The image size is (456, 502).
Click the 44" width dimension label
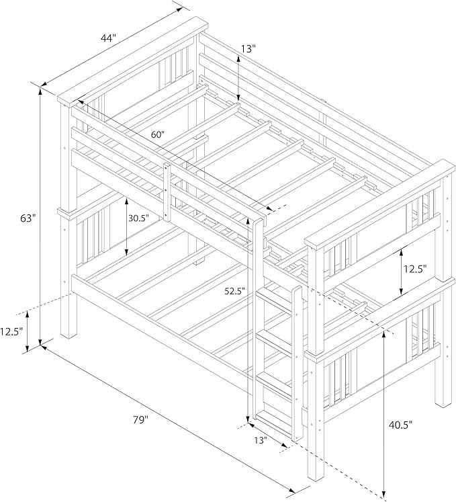coord(108,38)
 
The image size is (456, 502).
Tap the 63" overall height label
coord(28,218)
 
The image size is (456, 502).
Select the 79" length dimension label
coord(141,420)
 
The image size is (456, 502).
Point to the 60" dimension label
coord(158,135)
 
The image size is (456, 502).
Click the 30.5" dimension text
coord(139,218)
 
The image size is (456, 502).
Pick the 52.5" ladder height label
coord(234,291)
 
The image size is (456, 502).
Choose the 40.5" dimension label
coord(401,425)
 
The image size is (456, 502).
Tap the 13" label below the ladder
coord(261,441)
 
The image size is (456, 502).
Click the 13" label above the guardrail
coord(248,48)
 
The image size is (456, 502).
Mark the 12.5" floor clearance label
coord(11,331)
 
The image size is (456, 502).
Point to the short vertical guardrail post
coord(167,192)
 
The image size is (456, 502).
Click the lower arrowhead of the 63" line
coord(40,342)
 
